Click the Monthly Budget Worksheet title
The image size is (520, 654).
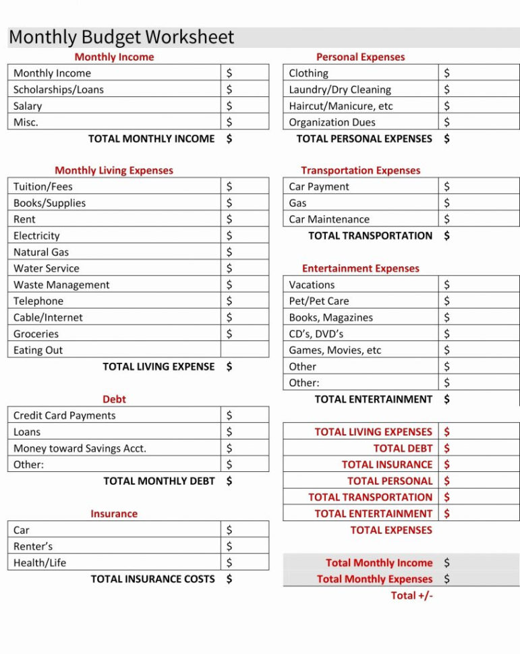click(x=121, y=37)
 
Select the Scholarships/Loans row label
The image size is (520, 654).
click(x=59, y=90)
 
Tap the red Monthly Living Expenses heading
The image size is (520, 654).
click(x=114, y=171)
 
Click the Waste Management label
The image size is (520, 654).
click(x=61, y=285)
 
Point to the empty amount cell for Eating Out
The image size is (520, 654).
click(x=244, y=350)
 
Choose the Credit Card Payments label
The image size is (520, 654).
click(x=65, y=416)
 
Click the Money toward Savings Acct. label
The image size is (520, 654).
click(x=80, y=448)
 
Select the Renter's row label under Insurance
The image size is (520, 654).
click(x=33, y=547)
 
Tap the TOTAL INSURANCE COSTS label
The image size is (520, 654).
click(x=152, y=579)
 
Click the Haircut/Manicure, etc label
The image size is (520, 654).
click(x=341, y=107)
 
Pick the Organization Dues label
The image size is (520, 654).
click(x=332, y=123)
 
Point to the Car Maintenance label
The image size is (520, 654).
click(x=329, y=220)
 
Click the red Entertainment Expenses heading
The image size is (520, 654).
click(x=361, y=268)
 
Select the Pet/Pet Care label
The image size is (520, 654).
click(x=319, y=301)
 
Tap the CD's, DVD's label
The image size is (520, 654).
click(x=316, y=334)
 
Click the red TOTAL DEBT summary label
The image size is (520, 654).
click(x=403, y=448)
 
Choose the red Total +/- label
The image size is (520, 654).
click(x=411, y=595)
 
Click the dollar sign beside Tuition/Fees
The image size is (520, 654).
click(x=229, y=187)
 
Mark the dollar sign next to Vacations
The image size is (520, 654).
click(x=446, y=285)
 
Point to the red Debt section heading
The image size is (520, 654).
click(x=114, y=399)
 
